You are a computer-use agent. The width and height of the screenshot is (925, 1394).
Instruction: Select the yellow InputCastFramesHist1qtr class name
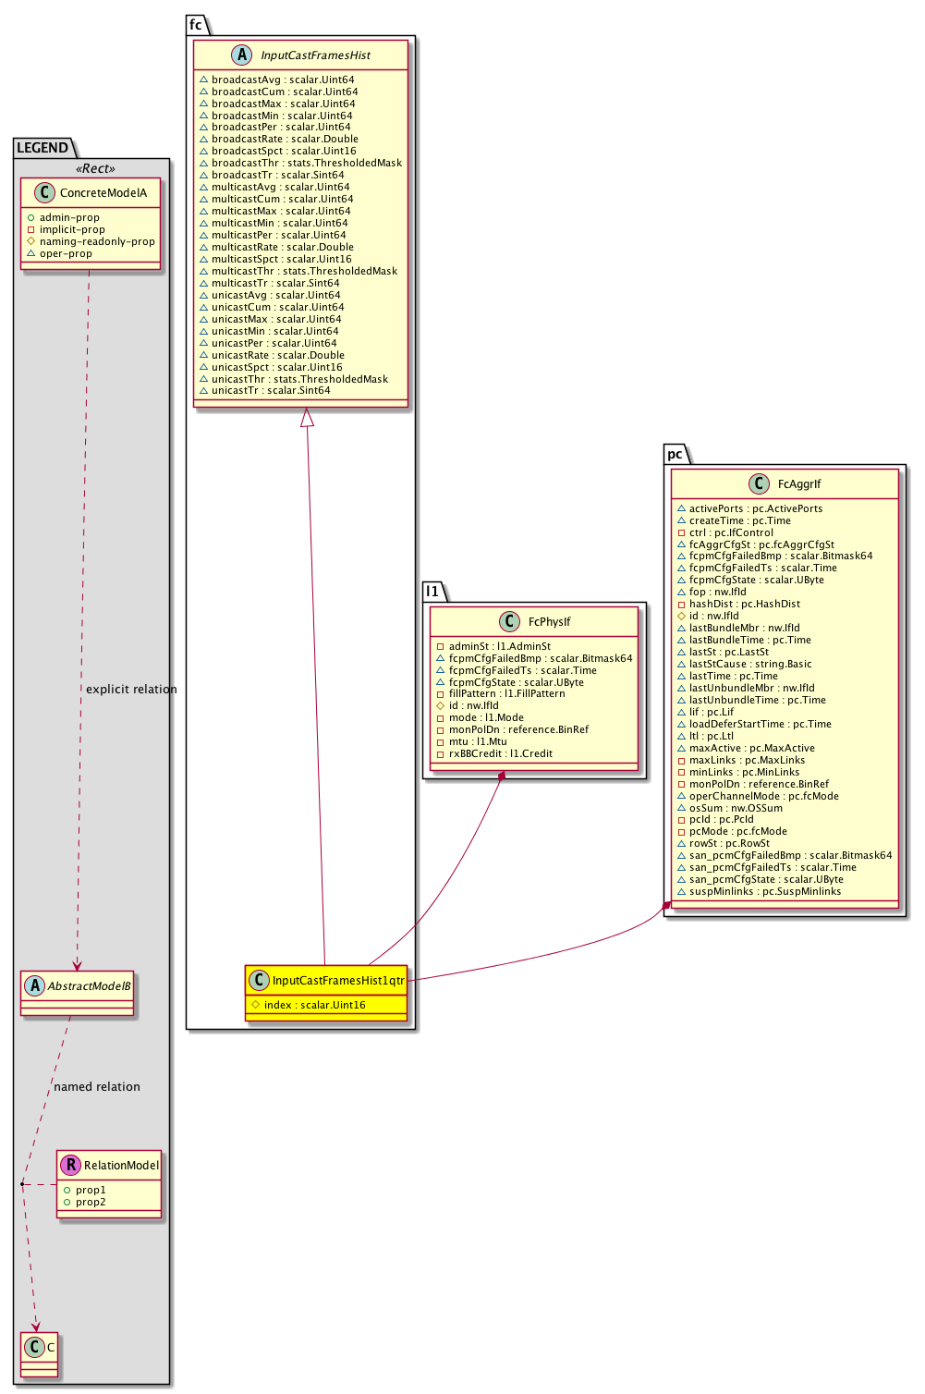click(338, 981)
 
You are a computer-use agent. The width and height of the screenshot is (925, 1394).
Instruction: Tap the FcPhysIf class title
click(549, 622)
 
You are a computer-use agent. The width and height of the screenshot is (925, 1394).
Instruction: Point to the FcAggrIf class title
click(799, 484)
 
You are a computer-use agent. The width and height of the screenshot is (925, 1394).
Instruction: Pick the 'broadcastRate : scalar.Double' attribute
click(285, 140)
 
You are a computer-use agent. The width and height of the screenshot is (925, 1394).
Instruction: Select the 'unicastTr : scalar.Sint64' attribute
click(271, 391)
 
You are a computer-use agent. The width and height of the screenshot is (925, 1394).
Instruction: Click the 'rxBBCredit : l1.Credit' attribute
click(500, 754)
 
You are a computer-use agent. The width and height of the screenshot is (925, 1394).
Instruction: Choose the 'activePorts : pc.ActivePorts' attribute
click(755, 509)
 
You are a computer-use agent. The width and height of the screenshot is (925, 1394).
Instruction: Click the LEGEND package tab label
click(43, 148)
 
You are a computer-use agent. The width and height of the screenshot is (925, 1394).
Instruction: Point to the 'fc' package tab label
click(196, 25)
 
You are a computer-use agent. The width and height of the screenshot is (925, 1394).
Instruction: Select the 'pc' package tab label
click(675, 454)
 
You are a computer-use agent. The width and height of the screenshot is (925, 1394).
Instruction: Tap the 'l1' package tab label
click(432, 591)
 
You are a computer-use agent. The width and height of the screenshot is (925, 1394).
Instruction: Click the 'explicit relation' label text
click(131, 690)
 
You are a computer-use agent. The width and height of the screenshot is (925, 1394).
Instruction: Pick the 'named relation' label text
click(97, 1087)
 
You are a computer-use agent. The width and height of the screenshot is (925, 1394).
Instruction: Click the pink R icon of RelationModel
click(70, 1166)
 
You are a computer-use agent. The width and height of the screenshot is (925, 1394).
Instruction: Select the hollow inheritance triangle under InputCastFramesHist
click(308, 418)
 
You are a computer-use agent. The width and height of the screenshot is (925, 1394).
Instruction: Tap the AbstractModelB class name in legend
click(89, 986)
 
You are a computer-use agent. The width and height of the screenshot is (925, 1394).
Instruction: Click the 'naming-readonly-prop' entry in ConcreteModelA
click(97, 242)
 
